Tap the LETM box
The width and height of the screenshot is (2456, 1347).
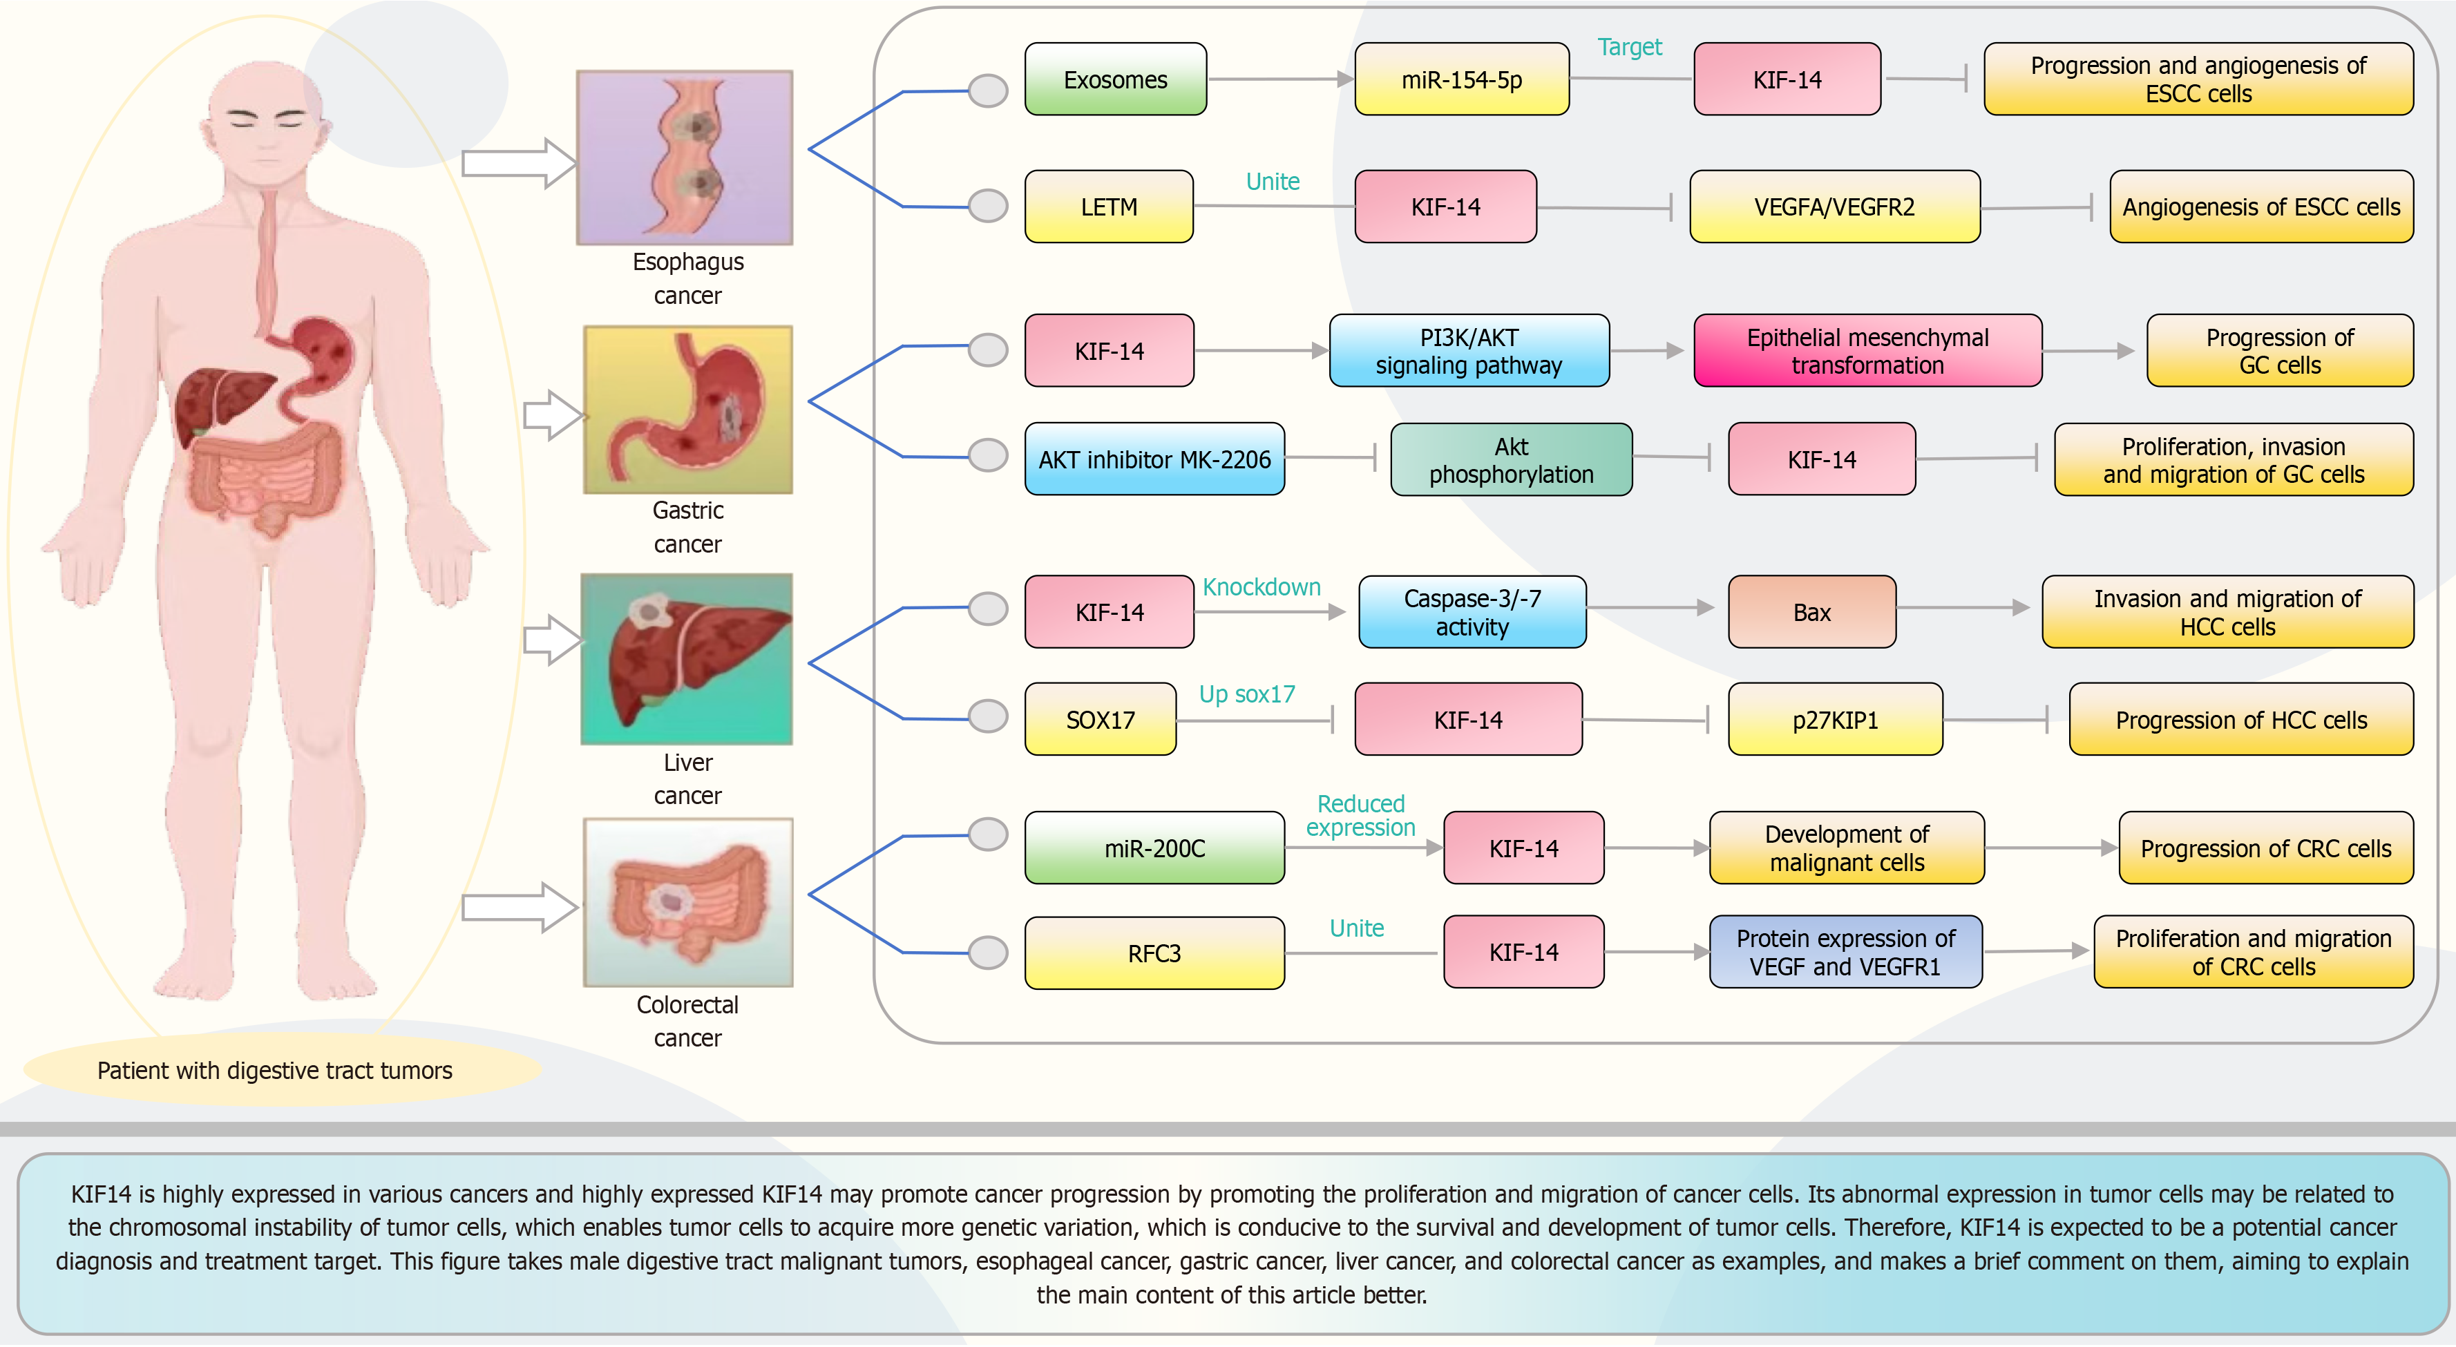[1108, 207]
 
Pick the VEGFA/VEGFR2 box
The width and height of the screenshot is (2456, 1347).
[1834, 207]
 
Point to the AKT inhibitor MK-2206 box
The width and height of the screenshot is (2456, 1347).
[1154, 459]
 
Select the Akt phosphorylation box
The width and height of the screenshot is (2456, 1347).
[1510, 459]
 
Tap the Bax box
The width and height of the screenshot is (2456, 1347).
[1811, 612]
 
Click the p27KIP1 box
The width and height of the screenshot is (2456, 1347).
[1834, 720]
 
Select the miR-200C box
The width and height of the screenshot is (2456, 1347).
[1154, 848]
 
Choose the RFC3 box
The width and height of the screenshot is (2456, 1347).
[1154, 953]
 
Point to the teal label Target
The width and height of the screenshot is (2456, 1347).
[1628, 47]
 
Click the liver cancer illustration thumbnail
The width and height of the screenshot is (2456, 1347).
[687, 659]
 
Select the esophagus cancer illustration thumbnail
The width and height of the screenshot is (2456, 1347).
[685, 157]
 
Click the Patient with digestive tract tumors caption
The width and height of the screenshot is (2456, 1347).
[274, 1071]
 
